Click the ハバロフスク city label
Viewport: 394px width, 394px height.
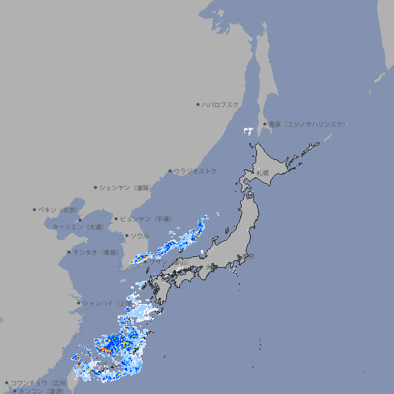[x=221, y=104]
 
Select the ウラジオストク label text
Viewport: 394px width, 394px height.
[x=195, y=171]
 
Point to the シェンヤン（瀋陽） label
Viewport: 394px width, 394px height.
[x=126, y=187]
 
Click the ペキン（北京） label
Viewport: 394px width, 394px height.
[x=58, y=209]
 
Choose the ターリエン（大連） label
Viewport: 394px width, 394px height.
[x=77, y=227]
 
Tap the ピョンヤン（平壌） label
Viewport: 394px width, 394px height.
[x=145, y=219]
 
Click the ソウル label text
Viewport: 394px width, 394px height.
[x=139, y=235]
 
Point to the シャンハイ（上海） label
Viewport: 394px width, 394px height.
[x=107, y=302]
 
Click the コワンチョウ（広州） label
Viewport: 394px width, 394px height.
[x=38, y=382]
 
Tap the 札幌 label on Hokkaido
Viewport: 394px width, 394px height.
[x=263, y=173]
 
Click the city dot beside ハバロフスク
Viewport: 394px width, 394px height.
[x=198, y=104]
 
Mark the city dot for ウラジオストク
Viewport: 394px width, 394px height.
[x=170, y=171]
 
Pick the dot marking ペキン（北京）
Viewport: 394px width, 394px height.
[x=35, y=209]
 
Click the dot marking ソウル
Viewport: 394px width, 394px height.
[x=126, y=235]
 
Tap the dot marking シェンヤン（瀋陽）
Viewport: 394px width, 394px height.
[x=95, y=187]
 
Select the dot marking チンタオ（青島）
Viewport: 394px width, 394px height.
[x=68, y=252]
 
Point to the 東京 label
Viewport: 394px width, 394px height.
[x=245, y=258]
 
